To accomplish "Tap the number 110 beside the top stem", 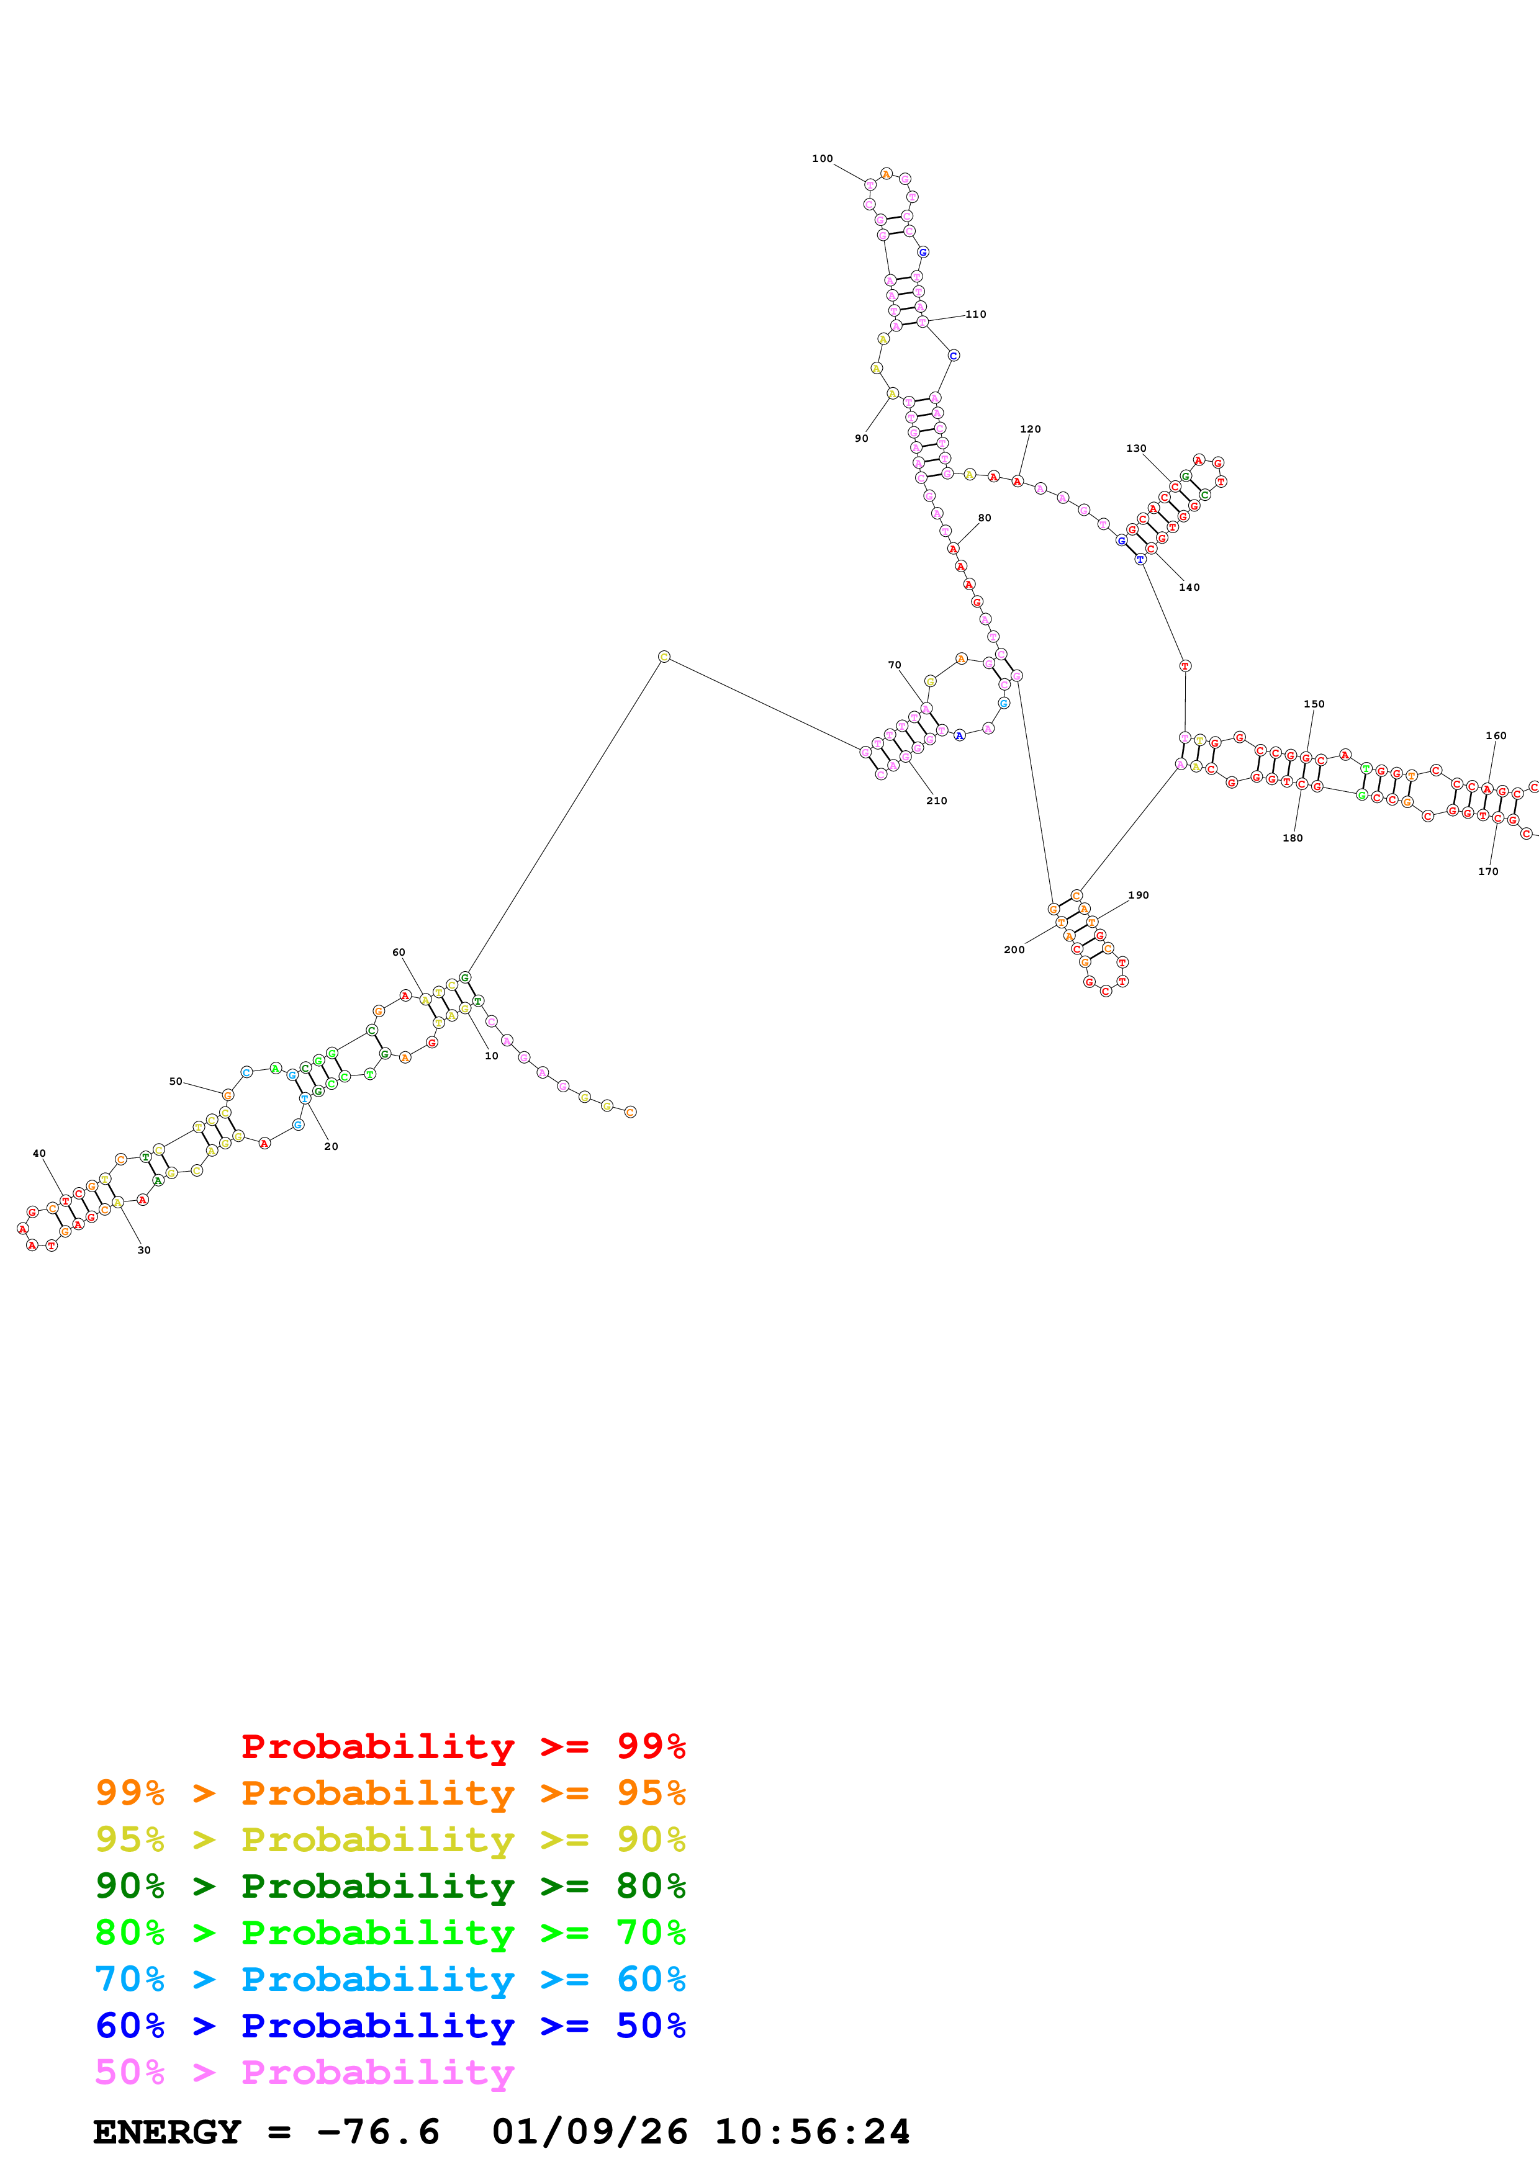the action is click(x=976, y=315).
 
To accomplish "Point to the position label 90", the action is click(x=861, y=439).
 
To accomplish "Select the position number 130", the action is click(x=1136, y=449).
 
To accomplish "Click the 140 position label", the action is click(x=1189, y=588).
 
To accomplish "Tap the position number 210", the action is click(x=937, y=801).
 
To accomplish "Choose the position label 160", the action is click(x=1496, y=736).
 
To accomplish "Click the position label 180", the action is click(x=1293, y=838).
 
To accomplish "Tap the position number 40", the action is click(x=39, y=1154).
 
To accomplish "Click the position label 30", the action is click(x=144, y=1250).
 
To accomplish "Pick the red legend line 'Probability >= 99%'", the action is click(x=463, y=1746).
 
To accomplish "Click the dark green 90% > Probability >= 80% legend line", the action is click(x=390, y=1886).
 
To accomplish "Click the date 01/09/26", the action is click(x=589, y=2132).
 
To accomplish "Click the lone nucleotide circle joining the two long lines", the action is click(x=664, y=656).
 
